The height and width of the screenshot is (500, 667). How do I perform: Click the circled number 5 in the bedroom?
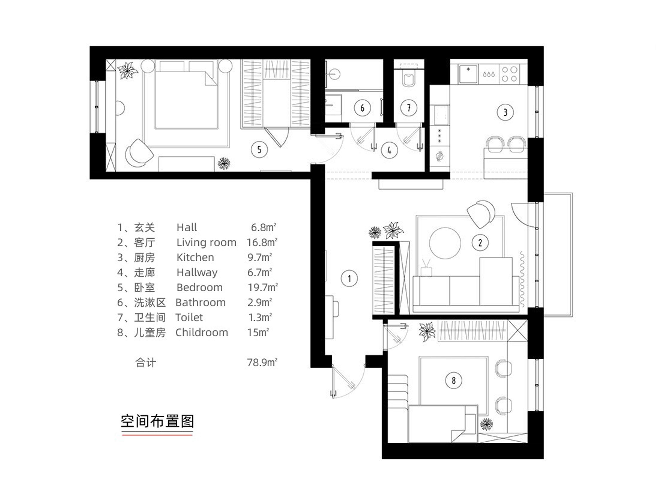click(259, 150)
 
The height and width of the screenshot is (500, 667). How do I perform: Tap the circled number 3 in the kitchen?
click(505, 112)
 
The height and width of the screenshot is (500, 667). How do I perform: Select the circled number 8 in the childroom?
click(454, 381)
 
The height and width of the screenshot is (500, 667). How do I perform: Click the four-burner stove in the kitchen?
click(509, 74)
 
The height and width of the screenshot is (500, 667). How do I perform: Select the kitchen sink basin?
click(468, 74)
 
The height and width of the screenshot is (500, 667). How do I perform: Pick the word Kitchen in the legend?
click(195, 257)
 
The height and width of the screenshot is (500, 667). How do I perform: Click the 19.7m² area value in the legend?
click(263, 287)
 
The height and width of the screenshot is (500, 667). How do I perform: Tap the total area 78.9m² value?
click(262, 362)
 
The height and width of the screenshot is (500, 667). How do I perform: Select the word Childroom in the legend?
click(201, 332)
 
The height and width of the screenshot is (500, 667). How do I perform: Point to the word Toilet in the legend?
click(189, 317)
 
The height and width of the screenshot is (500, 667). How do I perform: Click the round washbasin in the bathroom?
click(334, 74)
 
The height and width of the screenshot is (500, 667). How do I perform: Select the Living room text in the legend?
click(206, 242)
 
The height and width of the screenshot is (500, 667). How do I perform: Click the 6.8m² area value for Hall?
click(263, 227)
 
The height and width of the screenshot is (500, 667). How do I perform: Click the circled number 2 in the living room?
click(480, 243)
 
